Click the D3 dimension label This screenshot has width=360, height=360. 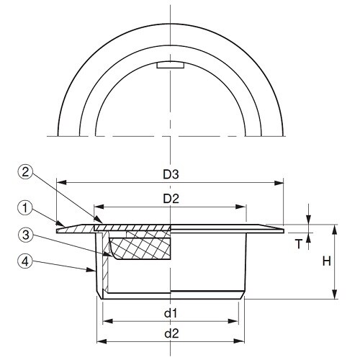tap(170, 174)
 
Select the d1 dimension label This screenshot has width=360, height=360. tap(170, 313)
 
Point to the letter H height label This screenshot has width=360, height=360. tap(326, 261)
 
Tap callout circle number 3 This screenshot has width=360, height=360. tap(25, 234)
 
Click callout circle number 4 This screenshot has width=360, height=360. tap(25, 261)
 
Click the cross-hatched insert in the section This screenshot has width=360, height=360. tap(140, 248)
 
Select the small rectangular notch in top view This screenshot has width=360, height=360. tap(171, 66)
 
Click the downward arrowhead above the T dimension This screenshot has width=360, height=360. tap(309, 220)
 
